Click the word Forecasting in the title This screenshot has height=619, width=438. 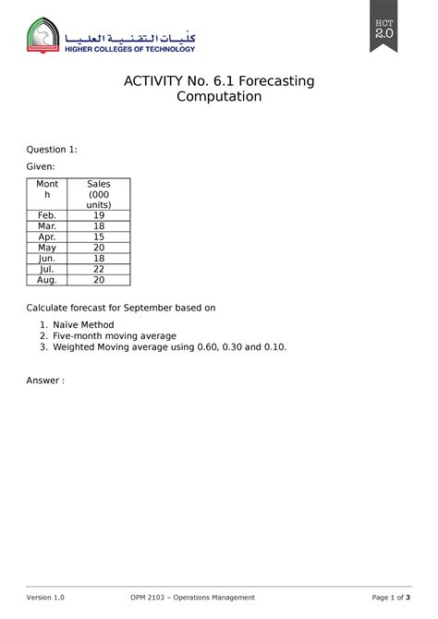tap(274, 81)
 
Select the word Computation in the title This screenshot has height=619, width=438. tap(219, 97)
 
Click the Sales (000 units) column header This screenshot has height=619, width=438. tap(99, 194)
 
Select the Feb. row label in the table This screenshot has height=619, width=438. tap(47, 215)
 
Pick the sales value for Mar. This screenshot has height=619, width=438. tap(99, 226)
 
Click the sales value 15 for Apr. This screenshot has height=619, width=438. tap(99, 237)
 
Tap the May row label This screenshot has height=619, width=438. tap(47, 248)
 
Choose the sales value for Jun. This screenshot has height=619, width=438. tap(99, 259)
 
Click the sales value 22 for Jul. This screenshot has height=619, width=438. tap(99, 269)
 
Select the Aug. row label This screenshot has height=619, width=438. tap(47, 280)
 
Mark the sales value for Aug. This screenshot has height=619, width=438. tap(99, 280)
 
